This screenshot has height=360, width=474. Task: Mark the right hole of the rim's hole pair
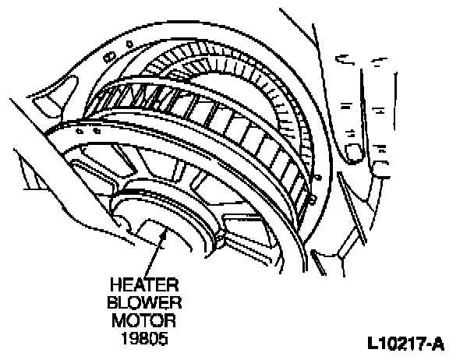click(95, 132)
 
